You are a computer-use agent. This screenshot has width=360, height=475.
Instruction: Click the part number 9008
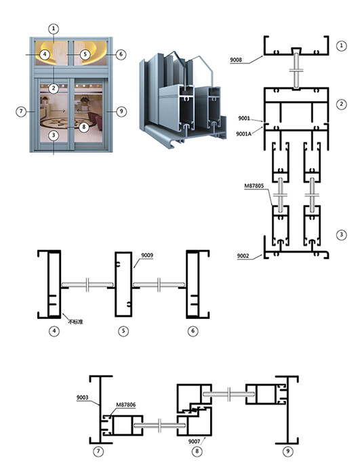(x=236, y=60)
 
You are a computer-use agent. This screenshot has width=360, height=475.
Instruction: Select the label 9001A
(x=244, y=134)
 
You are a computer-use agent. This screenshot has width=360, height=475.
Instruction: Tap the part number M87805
(x=254, y=186)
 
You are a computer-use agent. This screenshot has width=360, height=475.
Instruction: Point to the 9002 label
(x=243, y=256)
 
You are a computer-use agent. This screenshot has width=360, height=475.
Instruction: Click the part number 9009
(x=147, y=255)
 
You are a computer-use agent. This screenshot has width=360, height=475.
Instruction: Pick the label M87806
(x=126, y=404)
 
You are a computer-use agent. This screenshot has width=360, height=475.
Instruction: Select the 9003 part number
(x=82, y=398)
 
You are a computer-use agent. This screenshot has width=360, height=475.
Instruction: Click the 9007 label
(x=194, y=441)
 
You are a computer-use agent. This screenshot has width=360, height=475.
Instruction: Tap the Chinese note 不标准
(x=75, y=322)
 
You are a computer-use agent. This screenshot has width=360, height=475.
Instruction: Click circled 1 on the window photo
(x=54, y=28)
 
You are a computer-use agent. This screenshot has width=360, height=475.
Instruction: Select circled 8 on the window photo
(x=84, y=127)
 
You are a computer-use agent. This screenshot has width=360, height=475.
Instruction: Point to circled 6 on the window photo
(x=121, y=54)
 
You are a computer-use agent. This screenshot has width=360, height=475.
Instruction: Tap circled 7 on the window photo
(x=21, y=111)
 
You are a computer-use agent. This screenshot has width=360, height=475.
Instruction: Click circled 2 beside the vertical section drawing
(x=342, y=104)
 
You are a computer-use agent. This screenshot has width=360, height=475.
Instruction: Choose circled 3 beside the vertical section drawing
(x=342, y=235)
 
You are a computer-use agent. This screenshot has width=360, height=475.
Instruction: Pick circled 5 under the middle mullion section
(x=123, y=331)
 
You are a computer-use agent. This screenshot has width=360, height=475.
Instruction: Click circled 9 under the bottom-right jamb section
(x=287, y=451)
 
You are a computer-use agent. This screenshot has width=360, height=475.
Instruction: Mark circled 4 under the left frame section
(x=54, y=331)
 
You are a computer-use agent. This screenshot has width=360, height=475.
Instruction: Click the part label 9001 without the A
(x=244, y=118)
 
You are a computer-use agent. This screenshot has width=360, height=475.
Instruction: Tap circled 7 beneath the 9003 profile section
(x=98, y=451)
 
